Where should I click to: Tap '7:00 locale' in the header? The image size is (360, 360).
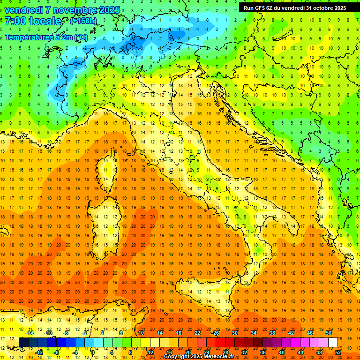[33, 22]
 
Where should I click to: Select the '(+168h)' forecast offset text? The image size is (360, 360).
[83, 21]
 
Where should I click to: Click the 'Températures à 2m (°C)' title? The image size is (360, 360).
[46, 37]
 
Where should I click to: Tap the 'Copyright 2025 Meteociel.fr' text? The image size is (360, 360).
[202, 357]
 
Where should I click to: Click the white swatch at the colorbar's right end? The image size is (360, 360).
[333, 342]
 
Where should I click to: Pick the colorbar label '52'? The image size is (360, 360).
[338, 352]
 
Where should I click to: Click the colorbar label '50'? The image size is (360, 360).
[329, 333]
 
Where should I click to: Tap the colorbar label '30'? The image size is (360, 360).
[235, 333]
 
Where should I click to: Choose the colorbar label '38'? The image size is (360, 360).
[272, 333]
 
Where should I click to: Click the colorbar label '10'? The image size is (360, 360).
[141, 333]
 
